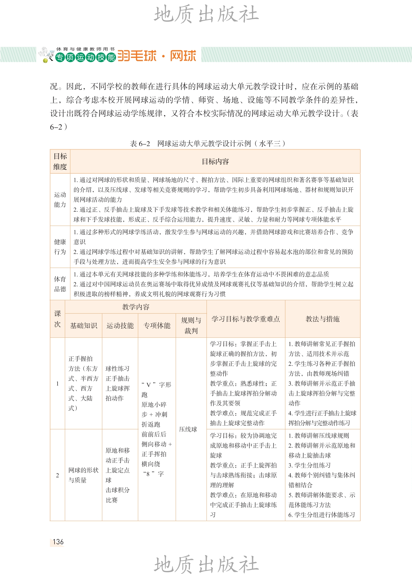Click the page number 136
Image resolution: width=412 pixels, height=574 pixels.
58,542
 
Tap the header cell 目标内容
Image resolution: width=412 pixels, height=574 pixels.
215,162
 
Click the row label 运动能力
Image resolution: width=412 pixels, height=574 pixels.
60,199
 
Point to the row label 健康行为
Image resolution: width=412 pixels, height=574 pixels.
60,247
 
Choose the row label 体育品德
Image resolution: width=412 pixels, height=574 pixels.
60,284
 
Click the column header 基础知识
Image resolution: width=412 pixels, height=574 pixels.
83,326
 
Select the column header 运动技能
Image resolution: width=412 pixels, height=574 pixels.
120,326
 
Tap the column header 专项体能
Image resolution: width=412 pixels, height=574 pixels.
157,326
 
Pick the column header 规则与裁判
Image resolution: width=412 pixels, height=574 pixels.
191,326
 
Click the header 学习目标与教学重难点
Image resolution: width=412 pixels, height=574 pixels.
246,319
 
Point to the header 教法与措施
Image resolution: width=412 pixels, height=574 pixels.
322,319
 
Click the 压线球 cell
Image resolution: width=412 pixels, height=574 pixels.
188,429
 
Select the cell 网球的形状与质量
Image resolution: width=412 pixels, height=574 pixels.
83,475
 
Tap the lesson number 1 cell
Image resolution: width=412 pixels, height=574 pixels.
57,383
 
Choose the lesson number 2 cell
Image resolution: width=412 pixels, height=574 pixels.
57,475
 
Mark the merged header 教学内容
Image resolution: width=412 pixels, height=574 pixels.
136,307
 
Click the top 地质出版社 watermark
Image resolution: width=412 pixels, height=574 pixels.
206,14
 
